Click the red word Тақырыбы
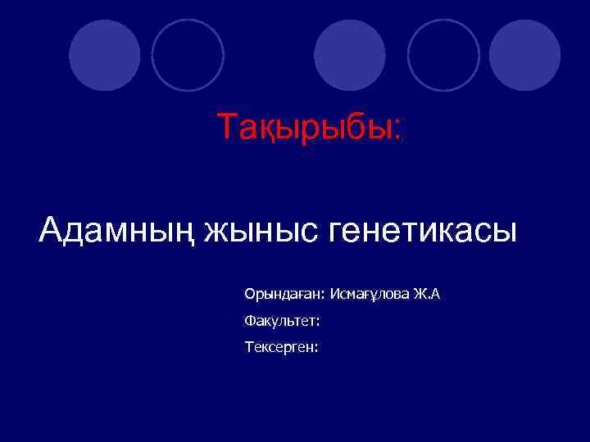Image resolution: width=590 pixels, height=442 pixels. pos(306,128)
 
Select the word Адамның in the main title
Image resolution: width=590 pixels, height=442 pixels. pos(116,231)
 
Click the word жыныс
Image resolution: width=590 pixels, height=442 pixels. pos(260,231)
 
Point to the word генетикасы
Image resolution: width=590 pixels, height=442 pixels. pos(423,229)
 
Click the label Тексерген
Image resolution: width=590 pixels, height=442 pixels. pos(279,347)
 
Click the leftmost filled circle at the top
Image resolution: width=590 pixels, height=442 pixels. pos(105,55)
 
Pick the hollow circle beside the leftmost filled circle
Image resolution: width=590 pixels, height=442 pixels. pos(188,55)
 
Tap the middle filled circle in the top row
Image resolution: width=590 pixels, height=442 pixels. pos(350,55)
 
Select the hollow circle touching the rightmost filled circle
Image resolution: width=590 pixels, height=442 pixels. pos(443,55)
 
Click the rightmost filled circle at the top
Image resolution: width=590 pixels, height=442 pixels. pos(524,55)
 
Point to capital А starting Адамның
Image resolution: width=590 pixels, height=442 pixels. pos(51,230)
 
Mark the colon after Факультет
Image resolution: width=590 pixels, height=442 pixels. pos(317,321)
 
